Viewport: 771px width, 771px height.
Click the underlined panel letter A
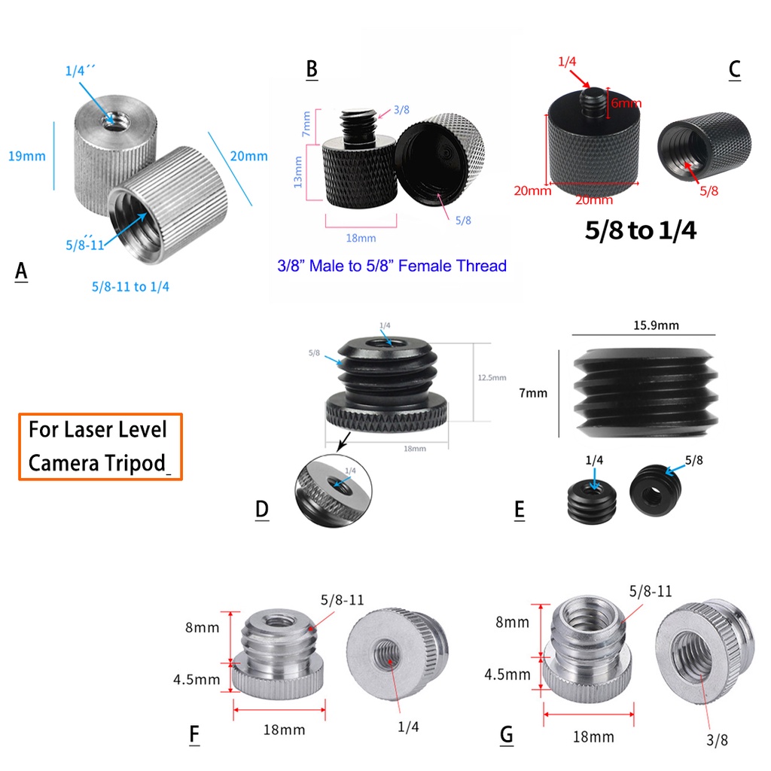pyautogui.click(x=21, y=271)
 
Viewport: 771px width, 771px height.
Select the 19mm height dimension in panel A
pyautogui.click(x=26, y=157)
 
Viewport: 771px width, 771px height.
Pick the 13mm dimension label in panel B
pyautogui.click(x=298, y=172)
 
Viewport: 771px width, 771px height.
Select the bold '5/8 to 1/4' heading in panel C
pyautogui.click(x=640, y=230)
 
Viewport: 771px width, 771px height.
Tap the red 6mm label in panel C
pyautogui.click(x=626, y=103)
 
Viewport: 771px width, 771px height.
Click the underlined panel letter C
pyautogui.click(x=734, y=69)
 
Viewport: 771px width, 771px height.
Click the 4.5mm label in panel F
pyautogui.click(x=196, y=679)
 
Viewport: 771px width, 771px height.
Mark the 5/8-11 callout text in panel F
pyautogui.click(x=342, y=599)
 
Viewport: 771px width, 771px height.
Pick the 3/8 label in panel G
pyautogui.click(x=717, y=739)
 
